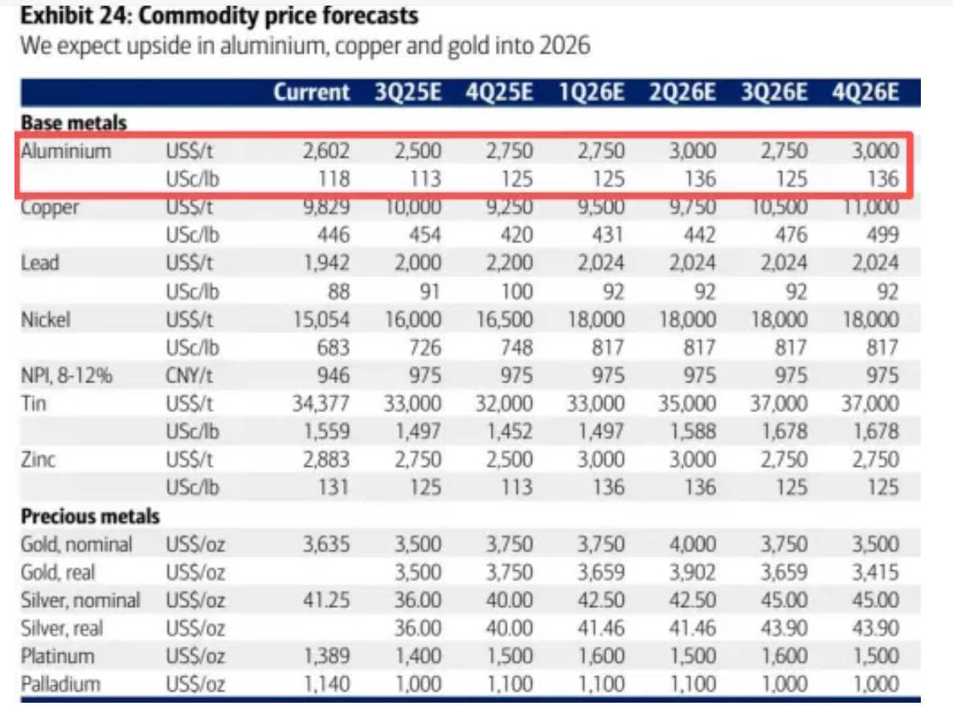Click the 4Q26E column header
(866, 92)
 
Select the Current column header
(312, 92)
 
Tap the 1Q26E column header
(591, 92)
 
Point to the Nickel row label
(46, 320)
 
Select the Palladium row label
(61, 684)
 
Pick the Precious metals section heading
(90, 516)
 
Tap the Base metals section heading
(74, 123)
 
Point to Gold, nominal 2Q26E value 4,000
(692, 544)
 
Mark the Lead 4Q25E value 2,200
(509, 263)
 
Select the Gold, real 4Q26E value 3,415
(875, 572)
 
